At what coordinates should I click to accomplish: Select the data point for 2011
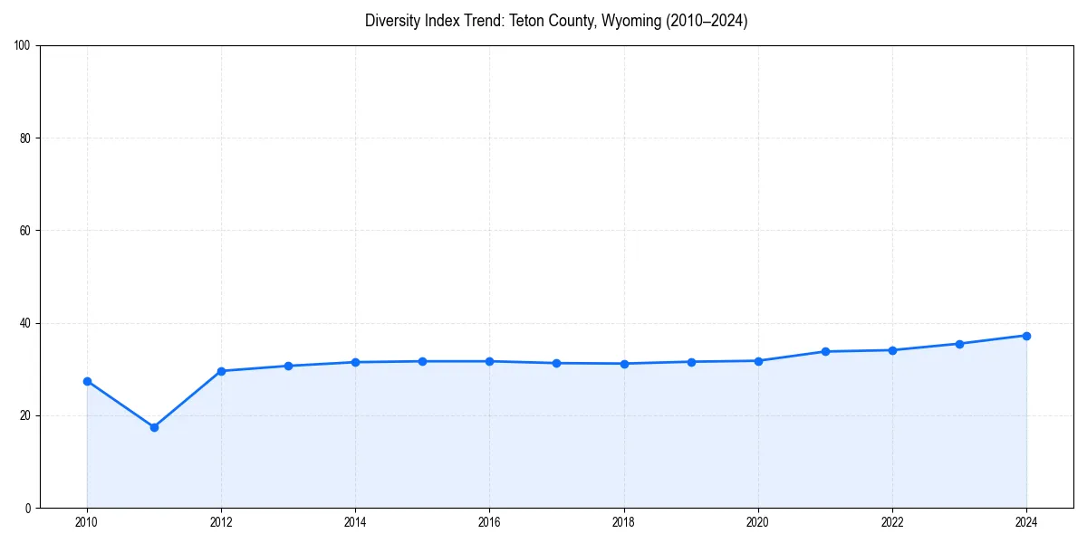coord(154,427)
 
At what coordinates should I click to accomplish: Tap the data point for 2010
coord(87,381)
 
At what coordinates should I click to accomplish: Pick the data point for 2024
coord(1026,336)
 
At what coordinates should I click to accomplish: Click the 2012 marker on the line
coord(221,371)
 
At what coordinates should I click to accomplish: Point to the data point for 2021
coord(825,351)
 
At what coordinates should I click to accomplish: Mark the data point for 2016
coord(489,361)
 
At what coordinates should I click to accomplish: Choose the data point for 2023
coord(959,344)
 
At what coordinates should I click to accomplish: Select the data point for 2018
coord(624,364)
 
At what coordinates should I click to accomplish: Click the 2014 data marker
coord(355,362)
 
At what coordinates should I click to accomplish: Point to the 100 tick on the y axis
coord(23,46)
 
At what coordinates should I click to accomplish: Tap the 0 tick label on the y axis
coord(28,508)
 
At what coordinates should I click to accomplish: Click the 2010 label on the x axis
coord(87,522)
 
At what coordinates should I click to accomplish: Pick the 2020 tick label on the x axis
coord(758,522)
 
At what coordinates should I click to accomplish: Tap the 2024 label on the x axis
coord(1026,522)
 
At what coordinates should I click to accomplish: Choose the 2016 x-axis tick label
coord(489,522)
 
